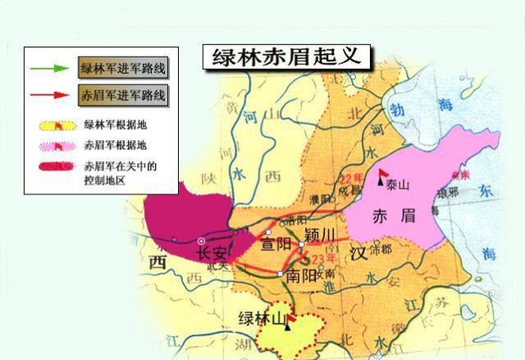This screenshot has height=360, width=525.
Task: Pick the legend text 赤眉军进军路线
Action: click(x=122, y=95)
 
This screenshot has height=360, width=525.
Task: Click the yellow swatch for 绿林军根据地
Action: click(x=54, y=127)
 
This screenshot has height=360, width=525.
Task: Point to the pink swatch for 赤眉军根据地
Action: click(x=54, y=148)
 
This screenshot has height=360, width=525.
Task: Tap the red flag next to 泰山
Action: click(x=383, y=175)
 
